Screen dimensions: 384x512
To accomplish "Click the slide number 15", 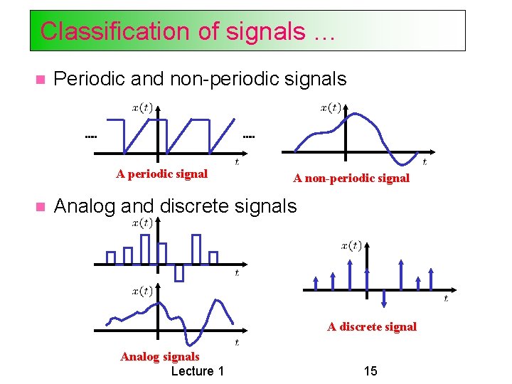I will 370,371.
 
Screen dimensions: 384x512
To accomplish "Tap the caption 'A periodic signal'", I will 162,174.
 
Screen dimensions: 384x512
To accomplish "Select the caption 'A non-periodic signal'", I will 351,178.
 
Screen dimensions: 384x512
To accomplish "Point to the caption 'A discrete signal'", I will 372,327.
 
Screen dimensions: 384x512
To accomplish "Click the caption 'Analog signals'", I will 160,357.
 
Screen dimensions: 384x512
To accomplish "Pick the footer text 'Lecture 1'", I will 198,371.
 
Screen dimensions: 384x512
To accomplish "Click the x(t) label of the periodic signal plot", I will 141,107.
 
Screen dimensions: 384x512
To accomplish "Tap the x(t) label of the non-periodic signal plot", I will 330,108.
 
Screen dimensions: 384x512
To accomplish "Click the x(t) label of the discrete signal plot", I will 351,246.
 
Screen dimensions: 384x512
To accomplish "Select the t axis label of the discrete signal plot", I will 446,299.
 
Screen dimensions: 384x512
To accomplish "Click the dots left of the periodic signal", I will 90,136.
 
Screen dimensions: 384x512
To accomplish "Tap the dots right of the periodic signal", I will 249,136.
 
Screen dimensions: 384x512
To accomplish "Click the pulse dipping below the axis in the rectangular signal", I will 179,272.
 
